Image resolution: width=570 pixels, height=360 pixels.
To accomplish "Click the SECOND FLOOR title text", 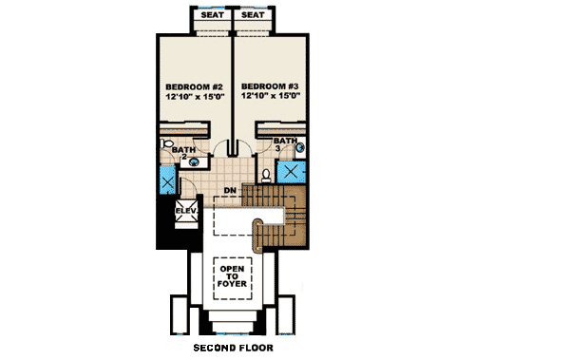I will pos(233,348).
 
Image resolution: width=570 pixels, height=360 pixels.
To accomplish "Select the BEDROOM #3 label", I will pos(272,84).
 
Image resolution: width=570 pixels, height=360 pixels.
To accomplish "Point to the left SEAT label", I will pos(211,15).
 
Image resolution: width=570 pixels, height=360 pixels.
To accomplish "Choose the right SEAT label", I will pos(253,15).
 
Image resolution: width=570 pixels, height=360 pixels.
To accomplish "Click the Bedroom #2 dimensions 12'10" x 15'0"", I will pos(193,95).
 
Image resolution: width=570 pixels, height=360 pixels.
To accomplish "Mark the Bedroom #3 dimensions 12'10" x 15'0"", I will pos(272,95).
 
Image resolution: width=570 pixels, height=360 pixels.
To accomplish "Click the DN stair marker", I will pos(229,189).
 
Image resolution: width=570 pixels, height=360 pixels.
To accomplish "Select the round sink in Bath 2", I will pos(195,161).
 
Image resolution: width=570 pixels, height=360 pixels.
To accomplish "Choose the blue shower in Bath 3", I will pos(290,173).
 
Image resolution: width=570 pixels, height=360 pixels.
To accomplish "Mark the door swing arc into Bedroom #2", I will pos(220,146).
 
